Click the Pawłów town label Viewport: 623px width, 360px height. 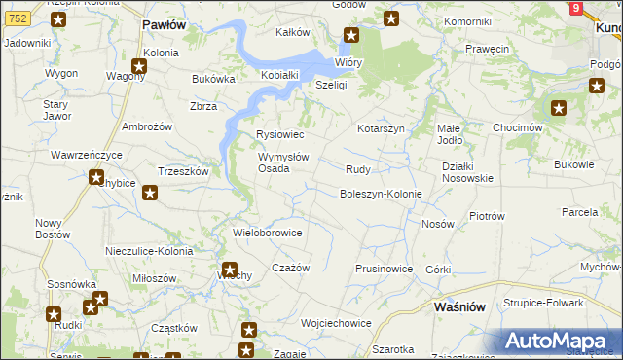tap(164, 24)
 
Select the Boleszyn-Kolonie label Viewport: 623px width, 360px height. tap(380, 194)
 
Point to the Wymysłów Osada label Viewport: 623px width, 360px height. tap(283, 162)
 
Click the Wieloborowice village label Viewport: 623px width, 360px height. tap(268, 234)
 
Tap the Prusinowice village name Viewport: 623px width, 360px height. tap(384, 269)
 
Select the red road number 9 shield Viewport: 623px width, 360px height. tap(576, 8)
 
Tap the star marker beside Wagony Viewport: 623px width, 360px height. tap(139, 67)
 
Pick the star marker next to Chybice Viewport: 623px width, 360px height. tap(96, 177)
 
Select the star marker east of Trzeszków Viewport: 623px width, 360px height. tap(149, 192)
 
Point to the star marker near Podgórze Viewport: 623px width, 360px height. tap(596, 86)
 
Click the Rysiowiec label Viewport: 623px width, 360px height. tap(279, 134)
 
